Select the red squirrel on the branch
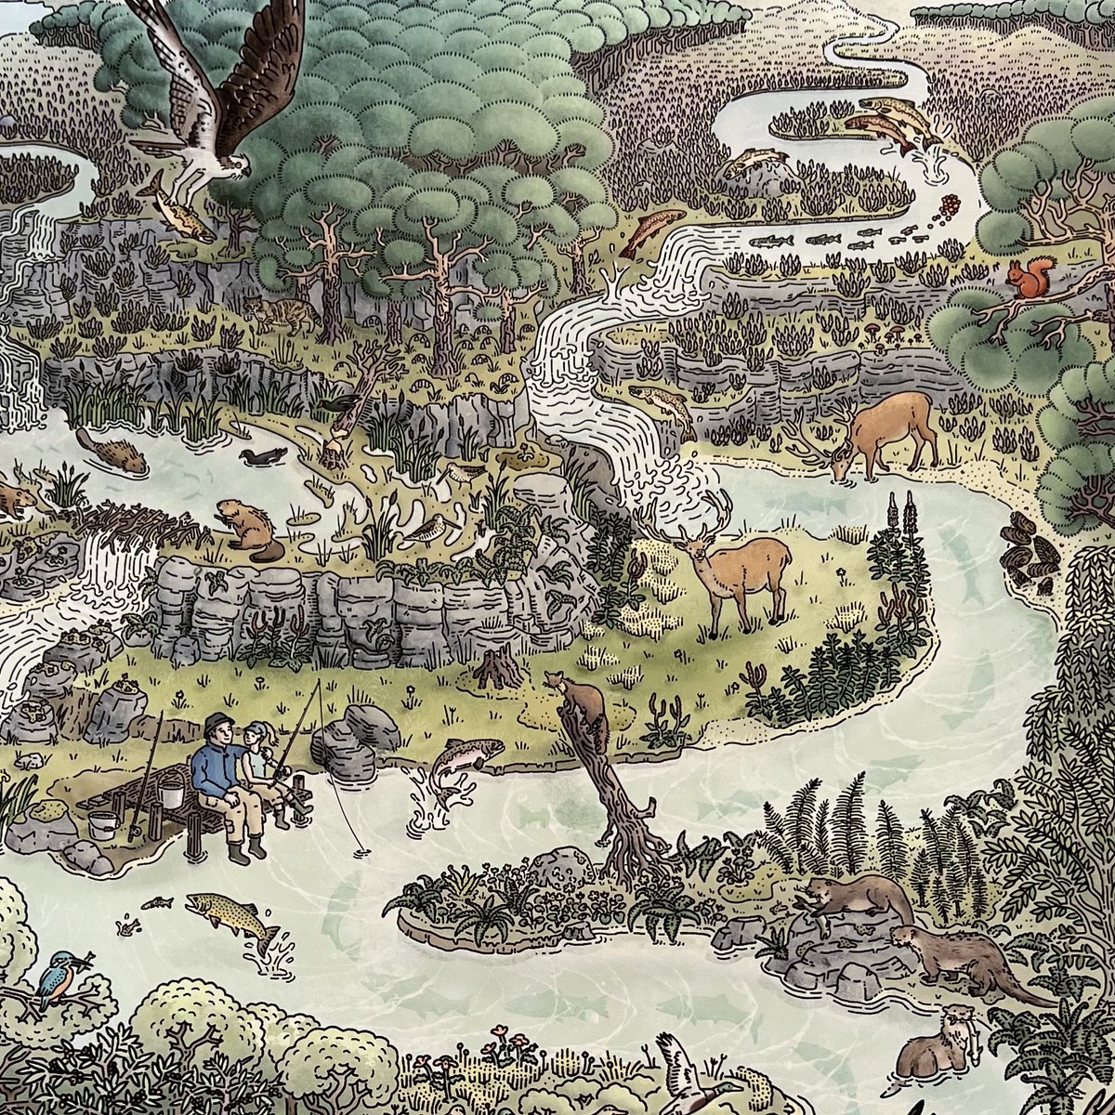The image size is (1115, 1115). [1031, 278]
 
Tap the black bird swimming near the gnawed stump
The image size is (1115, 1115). [264, 456]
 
